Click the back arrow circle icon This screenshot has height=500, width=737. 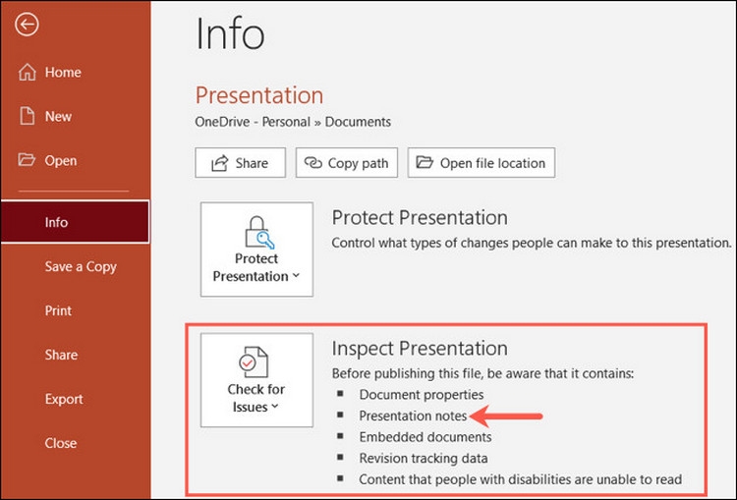pos(27,24)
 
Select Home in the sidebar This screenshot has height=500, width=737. pos(50,72)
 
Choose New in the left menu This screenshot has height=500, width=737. pos(45,116)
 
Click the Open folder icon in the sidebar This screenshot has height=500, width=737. pos(27,160)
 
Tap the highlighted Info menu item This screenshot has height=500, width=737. pos(76,222)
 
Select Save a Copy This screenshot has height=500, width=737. pos(81,266)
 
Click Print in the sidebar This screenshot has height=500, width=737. pos(58,310)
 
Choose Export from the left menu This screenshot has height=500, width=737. pos(64,399)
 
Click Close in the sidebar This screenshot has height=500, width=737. pos(61,443)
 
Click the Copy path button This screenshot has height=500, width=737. pos(347,163)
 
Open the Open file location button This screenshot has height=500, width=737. pos(482,163)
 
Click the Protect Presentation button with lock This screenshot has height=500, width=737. pos(256,250)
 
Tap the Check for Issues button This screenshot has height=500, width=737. pos(256,380)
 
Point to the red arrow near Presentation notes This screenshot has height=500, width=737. pos(506,416)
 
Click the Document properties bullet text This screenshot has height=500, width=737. pos(422,395)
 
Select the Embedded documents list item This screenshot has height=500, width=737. pos(425,437)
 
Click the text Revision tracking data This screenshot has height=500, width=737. pos(423,458)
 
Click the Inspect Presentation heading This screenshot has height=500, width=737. pos(420,349)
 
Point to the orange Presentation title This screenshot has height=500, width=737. pos(259,95)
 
